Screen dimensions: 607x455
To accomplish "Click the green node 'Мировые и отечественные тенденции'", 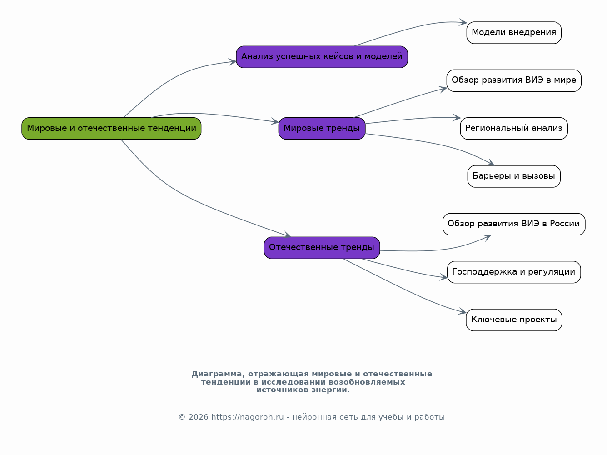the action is [x=111, y=128].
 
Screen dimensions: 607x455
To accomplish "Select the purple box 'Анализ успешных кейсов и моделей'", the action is [x=322, y=57].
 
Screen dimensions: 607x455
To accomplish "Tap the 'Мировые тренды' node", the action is [x=322, y=128].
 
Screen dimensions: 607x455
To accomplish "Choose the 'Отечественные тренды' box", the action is [x=322, y=248].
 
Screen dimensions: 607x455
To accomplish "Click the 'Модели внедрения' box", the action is [x=514, y=33].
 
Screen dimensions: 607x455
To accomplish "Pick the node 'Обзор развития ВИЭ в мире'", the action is [x=514, y=80].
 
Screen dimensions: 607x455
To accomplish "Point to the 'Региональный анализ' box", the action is [x=514, y=128].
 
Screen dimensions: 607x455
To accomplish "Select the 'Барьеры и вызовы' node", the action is [x=514, y=176].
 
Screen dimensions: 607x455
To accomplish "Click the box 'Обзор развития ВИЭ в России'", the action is [x=514, y=224].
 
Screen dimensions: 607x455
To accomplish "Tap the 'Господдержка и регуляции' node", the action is [x=514, y=272].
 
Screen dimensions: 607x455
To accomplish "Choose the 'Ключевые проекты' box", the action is [x=514, y=320].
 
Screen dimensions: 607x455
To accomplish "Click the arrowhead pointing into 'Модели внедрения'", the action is [x=463, y=22].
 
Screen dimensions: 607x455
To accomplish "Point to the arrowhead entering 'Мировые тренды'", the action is [x=275, y=121].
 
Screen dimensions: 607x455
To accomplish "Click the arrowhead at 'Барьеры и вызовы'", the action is [x=491, y=163].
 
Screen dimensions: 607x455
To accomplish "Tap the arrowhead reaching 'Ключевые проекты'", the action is [x=463, y=311].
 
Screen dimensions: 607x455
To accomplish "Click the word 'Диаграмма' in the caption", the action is [x=217, y=374].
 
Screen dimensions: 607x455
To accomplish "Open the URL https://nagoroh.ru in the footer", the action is [x=248, y=417].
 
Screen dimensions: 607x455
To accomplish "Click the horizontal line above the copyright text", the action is [x=312, y=403].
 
